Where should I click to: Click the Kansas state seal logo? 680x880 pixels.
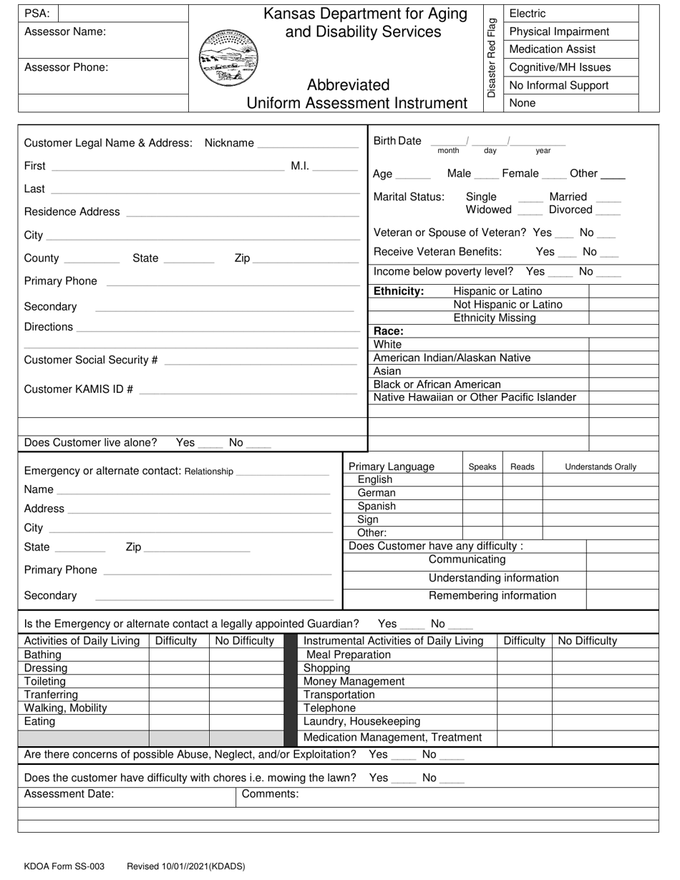click(228, 58)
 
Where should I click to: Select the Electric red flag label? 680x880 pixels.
click(527, 14)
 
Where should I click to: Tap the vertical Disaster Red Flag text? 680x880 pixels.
click(491, 58)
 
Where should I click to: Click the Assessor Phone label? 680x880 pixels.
click(67, 67)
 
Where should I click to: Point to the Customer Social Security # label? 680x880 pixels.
click(91, 360)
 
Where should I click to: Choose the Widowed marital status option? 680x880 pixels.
click(489, 210)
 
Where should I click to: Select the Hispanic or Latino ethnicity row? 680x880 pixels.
click(497, 291)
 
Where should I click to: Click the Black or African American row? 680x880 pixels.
click(437, 384)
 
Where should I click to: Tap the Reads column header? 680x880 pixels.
click(522, 466)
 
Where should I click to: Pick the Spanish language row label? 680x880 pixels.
click(377, 506)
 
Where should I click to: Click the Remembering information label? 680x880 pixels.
click(492, 595)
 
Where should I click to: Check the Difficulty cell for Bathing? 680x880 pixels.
click(178, 655)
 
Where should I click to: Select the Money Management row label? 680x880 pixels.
click(354, 681)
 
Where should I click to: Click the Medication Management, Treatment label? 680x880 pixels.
click(392, 737)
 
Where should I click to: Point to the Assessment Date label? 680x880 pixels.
click(69, 793)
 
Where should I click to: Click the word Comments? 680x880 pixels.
click(270, 793)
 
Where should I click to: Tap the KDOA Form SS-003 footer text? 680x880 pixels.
click(64, 866)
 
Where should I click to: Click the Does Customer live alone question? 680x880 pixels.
click(90, 443)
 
